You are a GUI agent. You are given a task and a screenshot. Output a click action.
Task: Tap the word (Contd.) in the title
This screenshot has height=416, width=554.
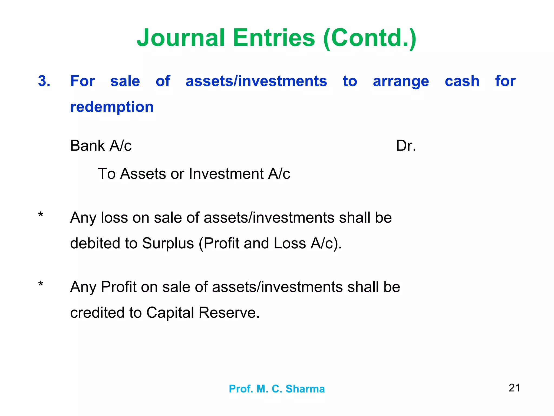(370, 38)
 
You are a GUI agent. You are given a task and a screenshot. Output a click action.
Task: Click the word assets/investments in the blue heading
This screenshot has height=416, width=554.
(256, 81)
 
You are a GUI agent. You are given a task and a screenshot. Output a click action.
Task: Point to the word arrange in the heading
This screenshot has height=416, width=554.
(401, 82)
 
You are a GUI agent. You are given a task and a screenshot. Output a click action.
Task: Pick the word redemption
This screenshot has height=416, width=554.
(112, 107)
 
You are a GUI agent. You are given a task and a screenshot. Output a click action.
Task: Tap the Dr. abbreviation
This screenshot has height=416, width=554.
(406, 146)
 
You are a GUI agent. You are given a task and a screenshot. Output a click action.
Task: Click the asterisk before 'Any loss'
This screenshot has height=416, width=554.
(41, 216)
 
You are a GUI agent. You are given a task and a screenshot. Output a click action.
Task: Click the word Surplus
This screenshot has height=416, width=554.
(168, 243)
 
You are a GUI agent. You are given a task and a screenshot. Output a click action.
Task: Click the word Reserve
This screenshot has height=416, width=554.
(229, 313)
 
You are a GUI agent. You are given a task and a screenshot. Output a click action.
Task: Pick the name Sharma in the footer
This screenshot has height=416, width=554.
(305, 389)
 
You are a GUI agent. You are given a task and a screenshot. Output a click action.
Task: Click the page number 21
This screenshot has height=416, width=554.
(514, 388)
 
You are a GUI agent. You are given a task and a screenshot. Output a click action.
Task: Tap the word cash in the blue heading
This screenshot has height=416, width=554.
(462, 81)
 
